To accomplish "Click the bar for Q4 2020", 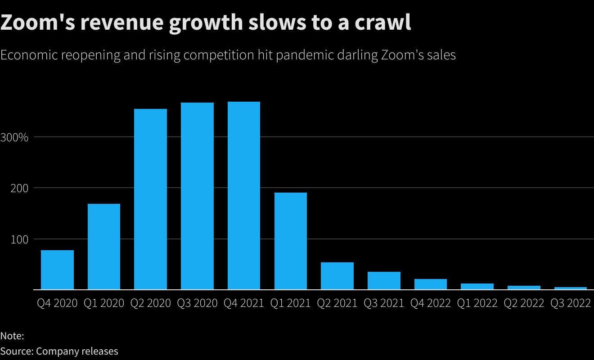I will [x=57, y=270].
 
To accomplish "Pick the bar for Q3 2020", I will [x=197, y=196].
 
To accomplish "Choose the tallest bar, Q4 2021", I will [x=244, y=196].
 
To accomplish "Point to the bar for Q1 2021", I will [x=290, y=241].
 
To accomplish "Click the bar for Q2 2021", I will [x=337, y=276].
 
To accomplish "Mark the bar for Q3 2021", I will [x=384, y=281].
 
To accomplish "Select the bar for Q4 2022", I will [x=431, y=284].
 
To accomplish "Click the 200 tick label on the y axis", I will [x=19, y=189].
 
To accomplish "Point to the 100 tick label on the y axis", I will [x=19, y=240].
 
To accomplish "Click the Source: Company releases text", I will [x=59, y=351].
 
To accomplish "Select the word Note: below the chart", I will [x=12, y=336].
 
